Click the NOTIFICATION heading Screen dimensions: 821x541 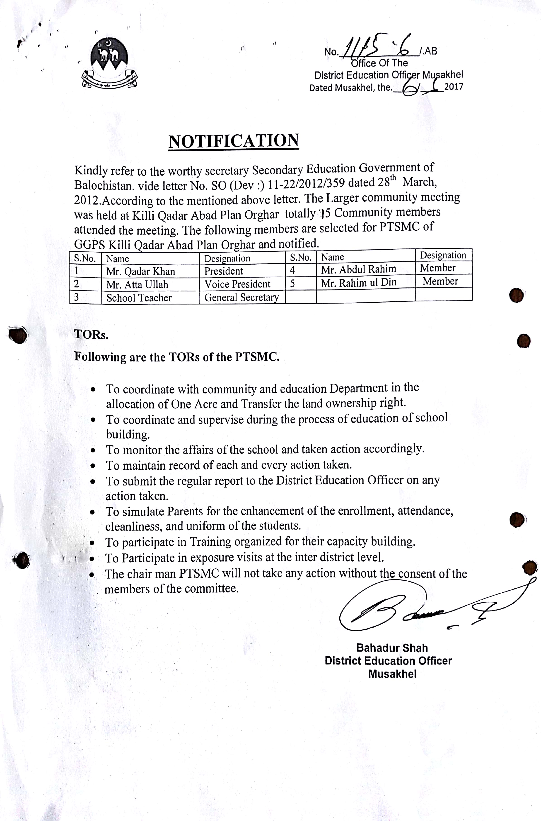pyautogui.click(x=234, y=141)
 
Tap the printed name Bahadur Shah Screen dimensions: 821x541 pyautogui.click(x=392, y=648)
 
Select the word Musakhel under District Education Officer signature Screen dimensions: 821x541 pyautogui.click(x=392, y=674)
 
